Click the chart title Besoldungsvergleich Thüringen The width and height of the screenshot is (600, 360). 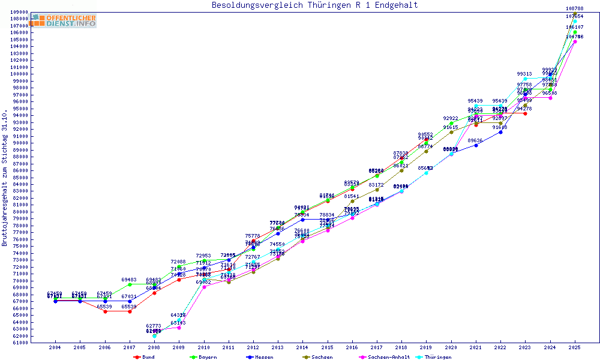click(x=314, y=5)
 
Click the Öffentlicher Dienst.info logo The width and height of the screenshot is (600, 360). click(x=64, y=20)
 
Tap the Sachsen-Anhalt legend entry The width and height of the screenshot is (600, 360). click(x=386, y=357)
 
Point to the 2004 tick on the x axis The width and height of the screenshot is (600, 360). click(x=55, y=347)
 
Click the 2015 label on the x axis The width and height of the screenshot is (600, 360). click(x=327, y=347)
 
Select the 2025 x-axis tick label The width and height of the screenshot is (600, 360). click(x=575, y=347)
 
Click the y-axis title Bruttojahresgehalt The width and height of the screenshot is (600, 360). click(x=5, y=178)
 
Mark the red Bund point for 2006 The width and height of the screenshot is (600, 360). click(x=105, y=311)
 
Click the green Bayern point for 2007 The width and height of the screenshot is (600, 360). click(x=130, y=284)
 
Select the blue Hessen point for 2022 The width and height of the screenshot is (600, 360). click(x=500, y=132)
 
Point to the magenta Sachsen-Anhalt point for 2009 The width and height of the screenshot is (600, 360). click(x=179, y=328)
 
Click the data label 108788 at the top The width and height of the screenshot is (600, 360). click(x=575, y=8)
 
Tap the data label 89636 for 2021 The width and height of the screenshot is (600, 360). click(x=476, y=140)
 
